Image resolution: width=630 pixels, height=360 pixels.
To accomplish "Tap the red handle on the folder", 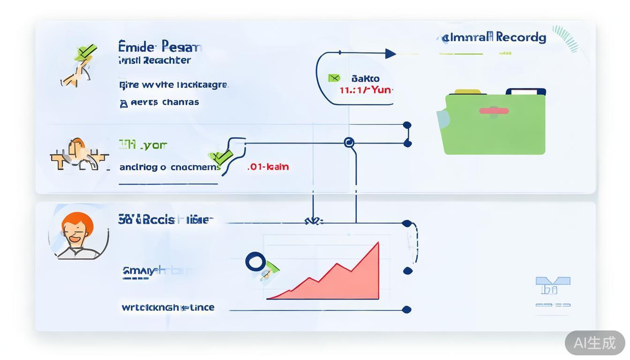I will [494, 111].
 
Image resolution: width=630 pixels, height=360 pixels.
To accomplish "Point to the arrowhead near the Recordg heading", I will [390, 54].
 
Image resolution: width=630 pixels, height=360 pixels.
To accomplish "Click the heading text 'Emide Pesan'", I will [160, 47].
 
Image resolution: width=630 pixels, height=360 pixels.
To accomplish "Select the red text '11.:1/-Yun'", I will [366, 90].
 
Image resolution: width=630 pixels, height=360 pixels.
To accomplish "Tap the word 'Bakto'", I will [365, 78].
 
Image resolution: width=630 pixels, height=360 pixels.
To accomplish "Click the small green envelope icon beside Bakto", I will [334, 78].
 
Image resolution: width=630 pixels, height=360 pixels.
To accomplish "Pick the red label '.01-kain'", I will [268, 166].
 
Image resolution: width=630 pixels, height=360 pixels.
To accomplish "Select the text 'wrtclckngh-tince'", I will [168, 307].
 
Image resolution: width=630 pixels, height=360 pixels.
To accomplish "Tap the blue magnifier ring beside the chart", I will [255, 262].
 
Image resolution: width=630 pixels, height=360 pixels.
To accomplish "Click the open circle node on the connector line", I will [349, 142].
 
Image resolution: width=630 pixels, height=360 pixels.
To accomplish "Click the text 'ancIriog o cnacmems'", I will [170, 167].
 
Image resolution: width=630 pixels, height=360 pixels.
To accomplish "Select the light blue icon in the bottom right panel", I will [553, 285].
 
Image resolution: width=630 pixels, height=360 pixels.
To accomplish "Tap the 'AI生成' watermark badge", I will [594, 343].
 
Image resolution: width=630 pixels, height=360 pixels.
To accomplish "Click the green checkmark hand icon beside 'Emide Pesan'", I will [81, 66].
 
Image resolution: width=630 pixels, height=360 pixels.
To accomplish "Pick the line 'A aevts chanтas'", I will [159, 102].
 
